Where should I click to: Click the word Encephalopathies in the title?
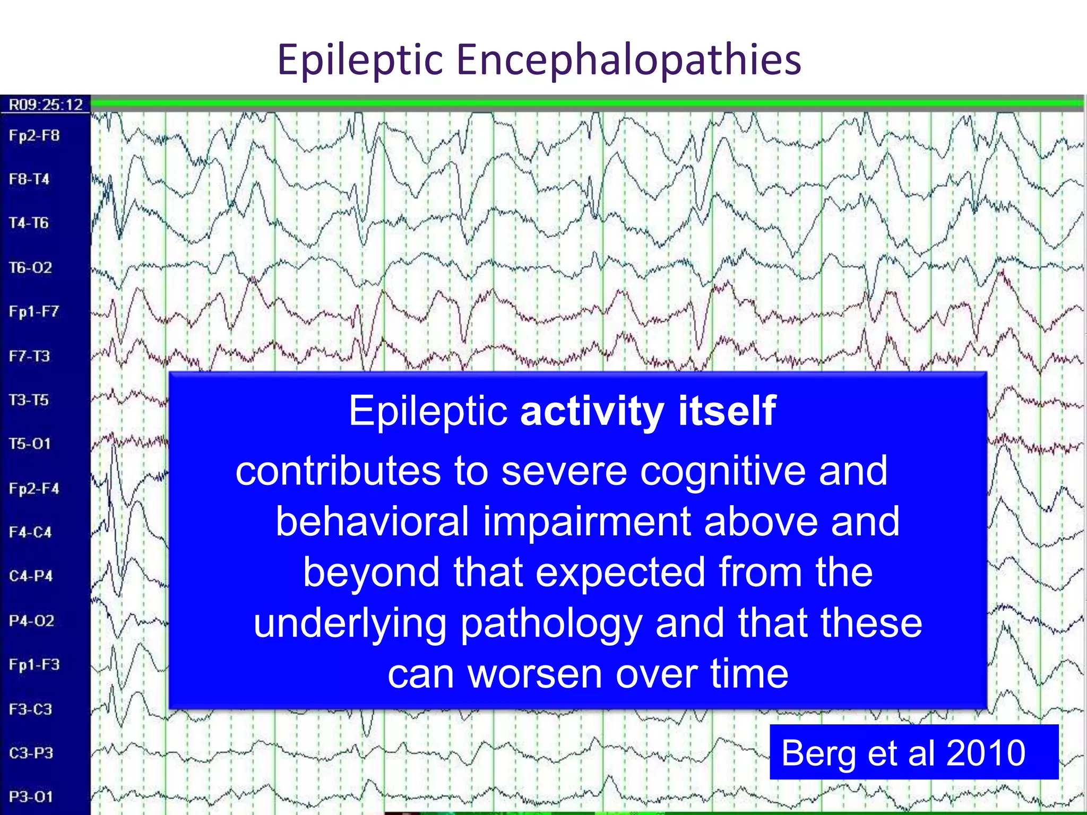[628, 59]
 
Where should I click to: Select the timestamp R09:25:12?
[46, 105]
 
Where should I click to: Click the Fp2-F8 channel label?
[34, 136]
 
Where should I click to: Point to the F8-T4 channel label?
[29, 179]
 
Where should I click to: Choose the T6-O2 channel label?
[30, 267]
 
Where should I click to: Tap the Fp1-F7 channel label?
[33, 311]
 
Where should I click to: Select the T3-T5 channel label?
[29, 400]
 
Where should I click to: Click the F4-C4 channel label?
[30, 532]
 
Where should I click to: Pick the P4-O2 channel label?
[31, 620]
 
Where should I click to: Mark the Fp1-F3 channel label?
[34, 664]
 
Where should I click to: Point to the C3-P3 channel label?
[31, 753]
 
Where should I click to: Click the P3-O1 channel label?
[31, 796]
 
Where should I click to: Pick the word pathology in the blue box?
[551, 623]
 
